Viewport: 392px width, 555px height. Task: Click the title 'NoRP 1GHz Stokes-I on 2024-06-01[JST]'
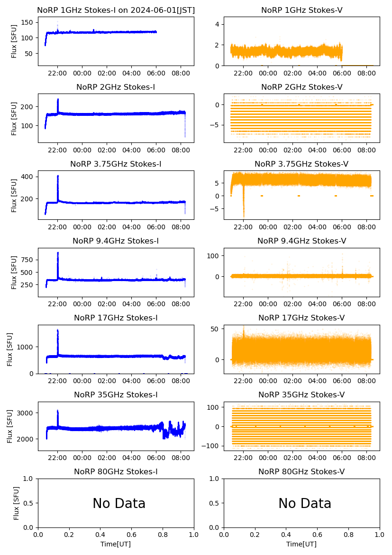(x=116, y=10)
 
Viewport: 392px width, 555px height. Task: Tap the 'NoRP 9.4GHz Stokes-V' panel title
(x=302, y=241)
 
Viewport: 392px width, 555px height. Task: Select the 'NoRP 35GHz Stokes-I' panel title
(x=116, y=395)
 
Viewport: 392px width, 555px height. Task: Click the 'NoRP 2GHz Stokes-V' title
(x=302, y=87)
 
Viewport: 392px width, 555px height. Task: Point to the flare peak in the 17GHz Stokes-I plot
(x=58, y=330)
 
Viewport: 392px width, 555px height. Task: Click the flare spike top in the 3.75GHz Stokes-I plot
(x=58, y=176)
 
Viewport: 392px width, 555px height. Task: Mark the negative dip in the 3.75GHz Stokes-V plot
(x=244, y=216)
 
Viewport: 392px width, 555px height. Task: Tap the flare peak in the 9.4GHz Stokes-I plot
(x=58, y=253)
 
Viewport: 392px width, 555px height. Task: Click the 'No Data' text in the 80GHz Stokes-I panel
(x=119, y=504)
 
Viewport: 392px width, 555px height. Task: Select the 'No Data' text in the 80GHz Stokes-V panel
(x=305, y=504)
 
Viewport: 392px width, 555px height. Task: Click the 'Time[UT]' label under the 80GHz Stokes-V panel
(x=301, y=544)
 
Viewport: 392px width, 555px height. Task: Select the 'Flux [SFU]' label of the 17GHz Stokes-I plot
(x=10, y=349)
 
